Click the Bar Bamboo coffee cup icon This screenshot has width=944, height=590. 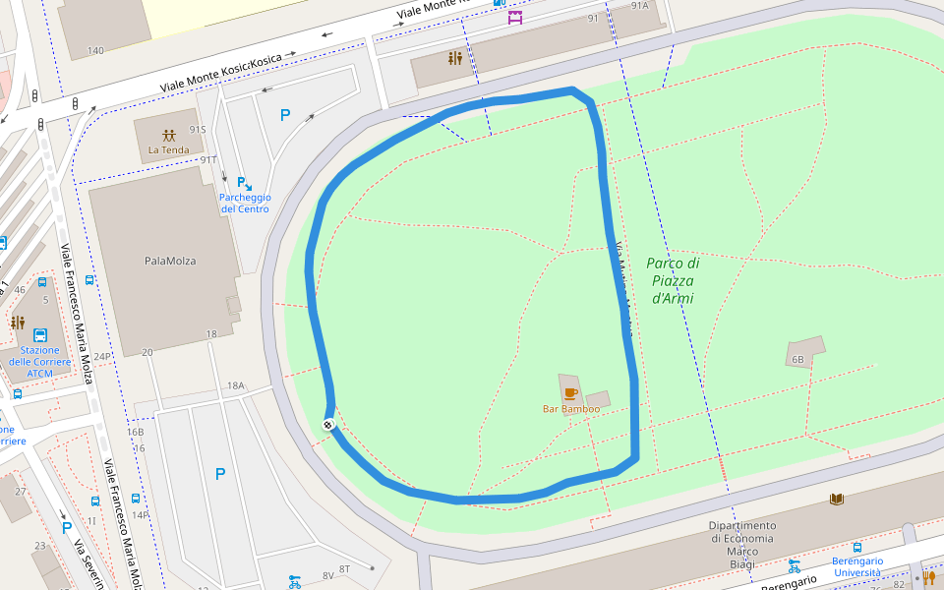(570, 393)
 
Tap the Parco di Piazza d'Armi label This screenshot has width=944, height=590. (673, 280)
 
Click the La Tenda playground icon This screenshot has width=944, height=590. (169, 135)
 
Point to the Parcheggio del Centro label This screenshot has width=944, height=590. (245, 203)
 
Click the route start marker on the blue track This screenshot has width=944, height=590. (328, 424)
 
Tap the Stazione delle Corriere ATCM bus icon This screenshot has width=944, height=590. (40, 334)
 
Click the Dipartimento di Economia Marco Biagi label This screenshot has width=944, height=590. (741, 538)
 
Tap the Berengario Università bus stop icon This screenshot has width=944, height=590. (857, 547)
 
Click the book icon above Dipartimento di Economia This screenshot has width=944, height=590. (836, 500)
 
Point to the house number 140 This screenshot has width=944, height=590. (95, 51)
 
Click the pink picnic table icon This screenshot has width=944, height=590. (515, 17)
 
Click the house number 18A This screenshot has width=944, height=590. (235, 385)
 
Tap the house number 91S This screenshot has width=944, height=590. (198, 129)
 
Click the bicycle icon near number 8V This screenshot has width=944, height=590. (294, 581)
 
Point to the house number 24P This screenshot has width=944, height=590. (102, 356)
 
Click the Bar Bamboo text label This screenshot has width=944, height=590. (570, 409)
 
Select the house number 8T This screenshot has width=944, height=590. (344, 569)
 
